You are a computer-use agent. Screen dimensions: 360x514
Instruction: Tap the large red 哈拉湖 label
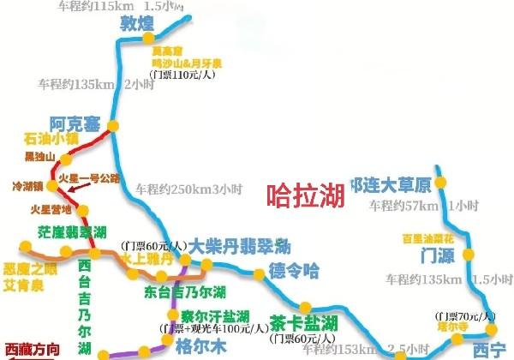304,195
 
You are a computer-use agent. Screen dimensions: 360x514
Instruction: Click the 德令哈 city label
294,272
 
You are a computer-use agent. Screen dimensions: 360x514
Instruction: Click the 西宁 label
489,349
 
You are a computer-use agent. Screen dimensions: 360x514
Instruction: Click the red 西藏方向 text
34,349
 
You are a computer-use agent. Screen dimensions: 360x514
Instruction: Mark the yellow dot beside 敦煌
148,39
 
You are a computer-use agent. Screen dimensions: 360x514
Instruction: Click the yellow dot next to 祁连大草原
440,183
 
